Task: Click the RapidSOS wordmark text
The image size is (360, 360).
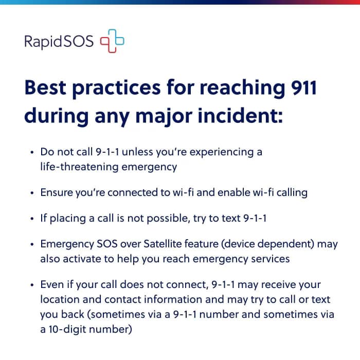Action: point(59,42)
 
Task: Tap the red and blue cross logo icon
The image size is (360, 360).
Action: point(112,41)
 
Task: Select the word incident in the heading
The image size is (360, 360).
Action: point(240,116)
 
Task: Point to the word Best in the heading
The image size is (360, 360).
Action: point(45,87)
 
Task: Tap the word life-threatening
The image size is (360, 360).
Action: point(79,167)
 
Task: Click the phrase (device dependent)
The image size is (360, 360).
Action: point(267,244)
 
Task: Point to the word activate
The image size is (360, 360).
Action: point(82,259)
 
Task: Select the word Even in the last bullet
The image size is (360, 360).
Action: point(52,284)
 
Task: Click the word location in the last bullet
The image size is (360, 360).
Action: point(60,299)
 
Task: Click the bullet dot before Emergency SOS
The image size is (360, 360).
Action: point(32,244)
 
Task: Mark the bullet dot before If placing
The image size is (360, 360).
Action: point(32,219)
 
